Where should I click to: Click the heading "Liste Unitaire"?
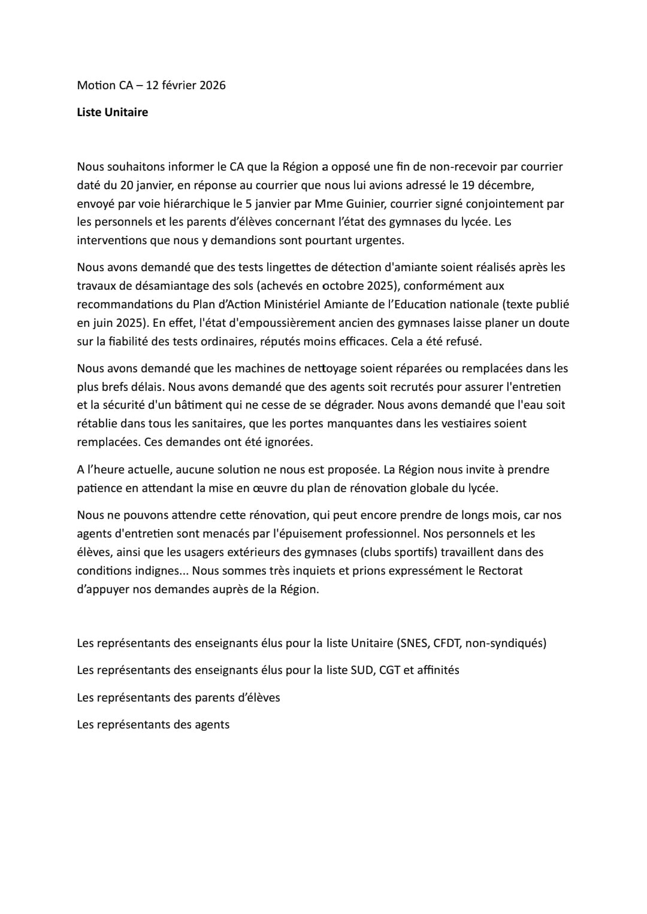point(112,113)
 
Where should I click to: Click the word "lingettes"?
point(289,267)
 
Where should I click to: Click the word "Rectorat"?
point(500,570)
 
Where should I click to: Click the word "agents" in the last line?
point(212,725)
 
